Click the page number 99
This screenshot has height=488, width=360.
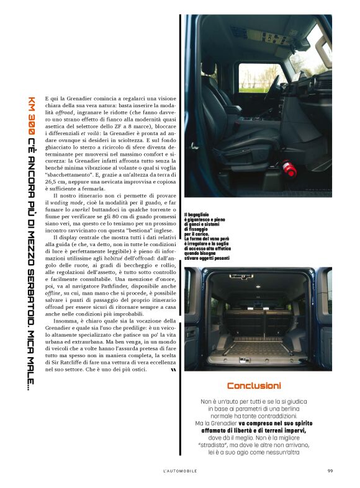click(x=330, y=471)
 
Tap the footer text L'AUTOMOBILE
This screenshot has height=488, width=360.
click(x=180, y=471)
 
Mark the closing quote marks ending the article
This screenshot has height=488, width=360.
click(x=173, y=370)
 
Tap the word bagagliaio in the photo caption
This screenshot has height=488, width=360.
click(x=201, y=215)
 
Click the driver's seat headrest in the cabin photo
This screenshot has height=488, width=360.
click(x=208, y=68)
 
